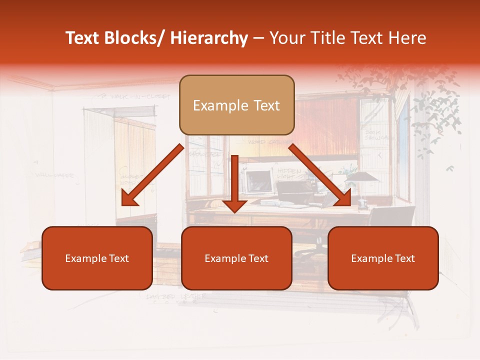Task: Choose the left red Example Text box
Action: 97,258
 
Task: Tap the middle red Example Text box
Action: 236,258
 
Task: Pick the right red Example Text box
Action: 383,258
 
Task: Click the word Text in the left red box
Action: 118,258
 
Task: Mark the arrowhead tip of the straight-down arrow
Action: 234,211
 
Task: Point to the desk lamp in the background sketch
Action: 359,180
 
